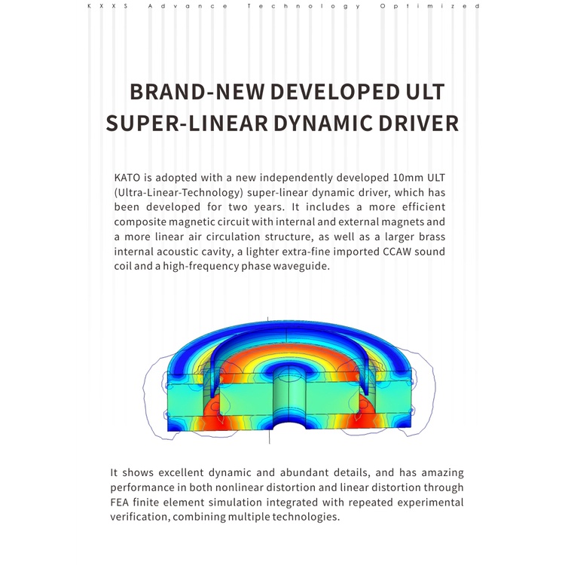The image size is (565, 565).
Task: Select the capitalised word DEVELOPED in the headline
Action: [334, 92]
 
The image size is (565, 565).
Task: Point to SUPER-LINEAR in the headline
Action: [187, 124]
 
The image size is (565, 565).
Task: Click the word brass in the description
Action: [432, 237]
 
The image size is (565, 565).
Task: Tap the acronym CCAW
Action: [397, 252]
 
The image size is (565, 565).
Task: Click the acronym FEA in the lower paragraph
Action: [119, 502]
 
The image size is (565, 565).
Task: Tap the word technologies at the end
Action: [306, 517]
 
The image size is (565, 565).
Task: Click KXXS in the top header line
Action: [108, 6]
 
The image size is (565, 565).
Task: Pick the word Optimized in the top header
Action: [429, 6]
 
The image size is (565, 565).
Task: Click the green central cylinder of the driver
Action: [289, 396]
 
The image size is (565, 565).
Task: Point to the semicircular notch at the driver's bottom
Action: [289, 424]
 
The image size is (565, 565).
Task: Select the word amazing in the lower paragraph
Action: [442, 473]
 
